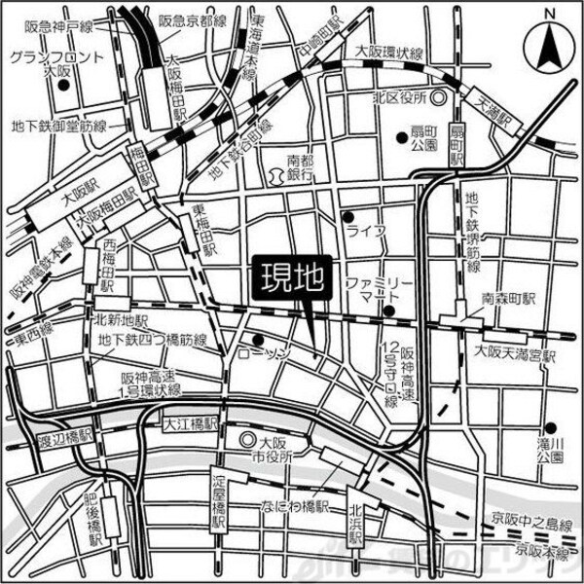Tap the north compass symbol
[x=546, y=43]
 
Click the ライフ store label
[x=368, y=231]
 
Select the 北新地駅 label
[x=121, y=318]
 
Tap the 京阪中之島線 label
[x=526, y=525]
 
